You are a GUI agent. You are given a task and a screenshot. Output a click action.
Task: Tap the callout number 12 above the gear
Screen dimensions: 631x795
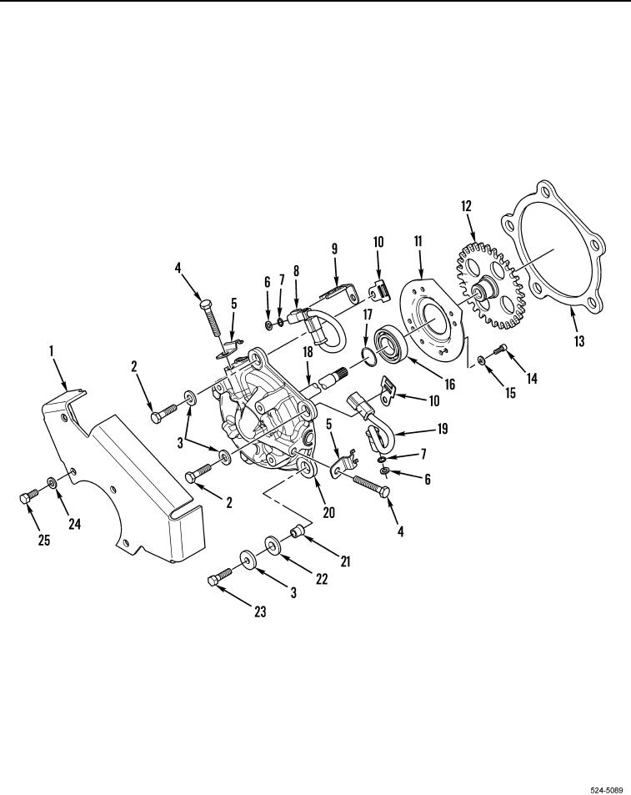tap(466, 206)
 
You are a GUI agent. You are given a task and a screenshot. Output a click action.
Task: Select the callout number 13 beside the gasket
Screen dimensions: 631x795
tap(578, 340)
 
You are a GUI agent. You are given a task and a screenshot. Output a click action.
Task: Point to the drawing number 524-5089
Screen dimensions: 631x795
tap(607, 789)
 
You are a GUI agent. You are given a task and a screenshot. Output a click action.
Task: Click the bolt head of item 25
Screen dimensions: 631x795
tap(25, 499)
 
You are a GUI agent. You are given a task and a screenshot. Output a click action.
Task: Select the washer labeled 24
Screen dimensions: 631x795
tap(53, 482)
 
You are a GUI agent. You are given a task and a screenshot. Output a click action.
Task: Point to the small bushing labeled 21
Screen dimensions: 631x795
tap(295, 532)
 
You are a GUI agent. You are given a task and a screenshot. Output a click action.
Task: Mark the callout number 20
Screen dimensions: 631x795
tap(328, 512)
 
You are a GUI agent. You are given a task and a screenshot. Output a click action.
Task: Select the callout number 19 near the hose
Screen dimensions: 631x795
tap(442, 429)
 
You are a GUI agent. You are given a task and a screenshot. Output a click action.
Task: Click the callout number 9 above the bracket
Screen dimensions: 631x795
tap(334, 249)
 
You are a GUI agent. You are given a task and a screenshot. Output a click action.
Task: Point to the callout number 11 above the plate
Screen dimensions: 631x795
tap(418, 241)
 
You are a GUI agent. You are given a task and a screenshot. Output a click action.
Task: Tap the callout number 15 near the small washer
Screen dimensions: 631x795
tap(510, 392)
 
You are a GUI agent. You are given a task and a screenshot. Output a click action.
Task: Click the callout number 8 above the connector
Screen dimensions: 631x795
tap(296, 271)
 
